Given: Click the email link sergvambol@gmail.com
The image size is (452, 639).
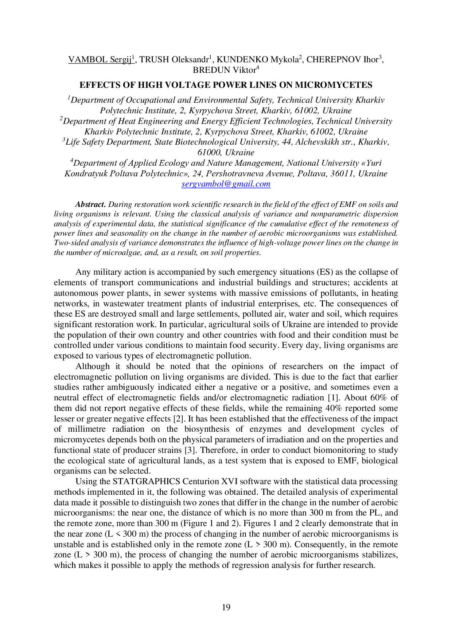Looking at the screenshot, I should pos(226,184).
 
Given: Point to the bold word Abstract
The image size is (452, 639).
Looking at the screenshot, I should pos(90,204).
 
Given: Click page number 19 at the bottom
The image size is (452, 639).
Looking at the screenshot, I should pos(226,607).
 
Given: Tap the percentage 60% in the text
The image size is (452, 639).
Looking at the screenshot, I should pos(380,398).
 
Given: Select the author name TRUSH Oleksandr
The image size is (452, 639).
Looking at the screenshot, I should pos(174,60).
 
